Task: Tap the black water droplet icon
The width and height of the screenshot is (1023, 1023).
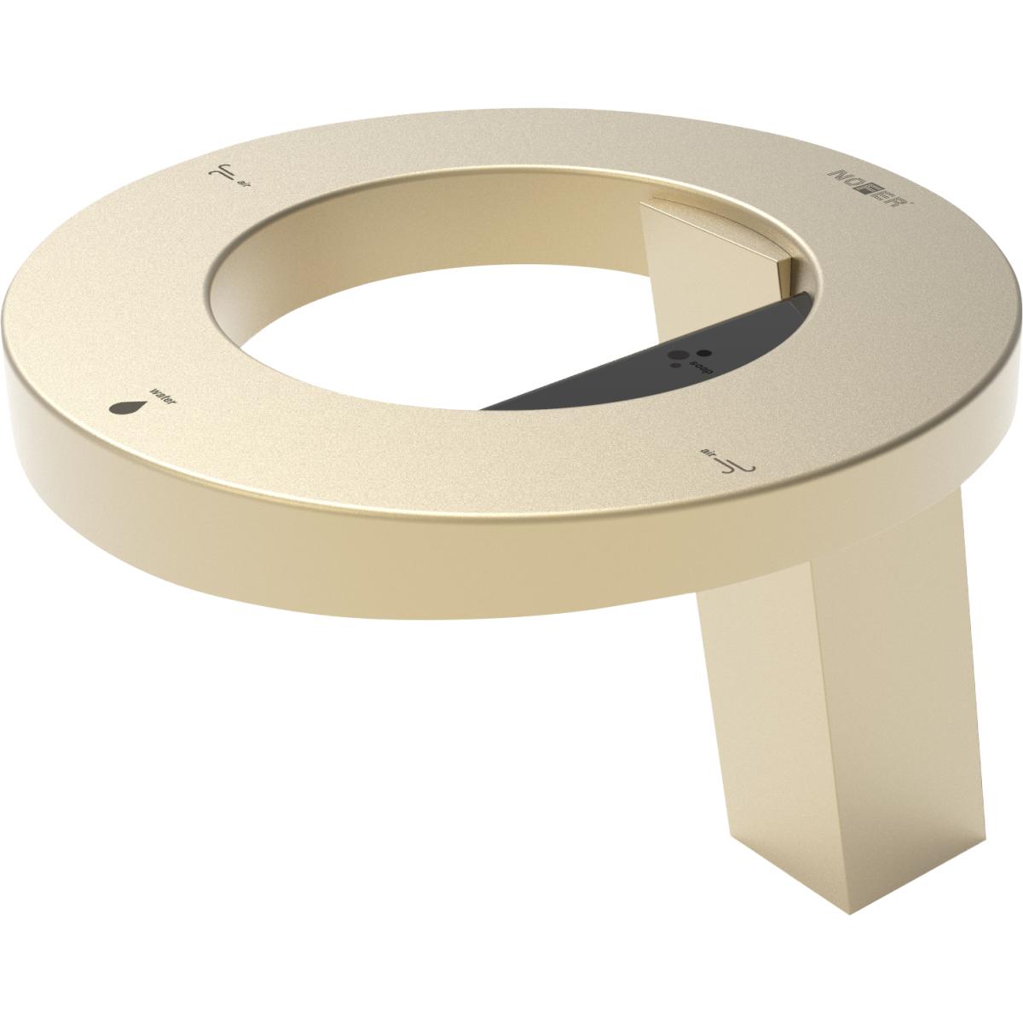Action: click(x=124, y=407)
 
